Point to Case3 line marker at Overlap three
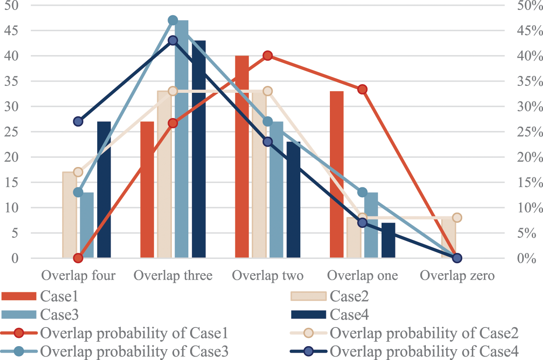[173, 20]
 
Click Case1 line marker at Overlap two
[268, 56]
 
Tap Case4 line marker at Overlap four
[78, 121]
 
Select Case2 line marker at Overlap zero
[457, 218]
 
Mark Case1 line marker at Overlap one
[362, 89]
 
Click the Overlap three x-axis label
[173, 276]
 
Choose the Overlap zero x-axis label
[457, 276]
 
